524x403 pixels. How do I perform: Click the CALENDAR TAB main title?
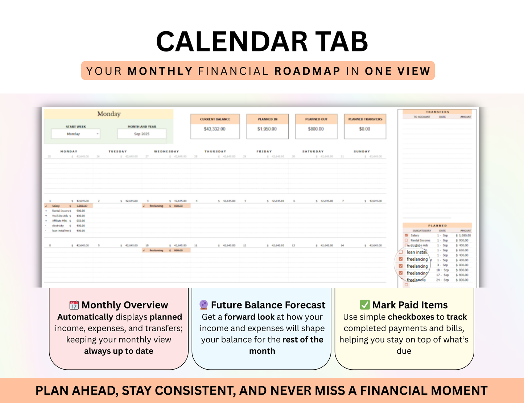click(x=262, y=41)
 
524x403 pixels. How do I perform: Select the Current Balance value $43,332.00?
click(x=214, y=129)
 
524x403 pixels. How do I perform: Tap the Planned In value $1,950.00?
click(x=267, y=129)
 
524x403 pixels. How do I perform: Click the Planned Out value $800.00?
click(x=316, y=129)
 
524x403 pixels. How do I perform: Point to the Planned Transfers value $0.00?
click(x=364, y=129)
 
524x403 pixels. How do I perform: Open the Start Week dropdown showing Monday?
click(x=75, y=134)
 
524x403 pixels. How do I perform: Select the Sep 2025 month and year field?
click(x=141, y=134)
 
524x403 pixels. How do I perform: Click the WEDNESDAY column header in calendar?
click(x=166, y=151)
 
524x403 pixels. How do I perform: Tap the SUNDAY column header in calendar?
click(x=362, y=151)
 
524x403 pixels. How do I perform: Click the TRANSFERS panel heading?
click(x=437, y=112)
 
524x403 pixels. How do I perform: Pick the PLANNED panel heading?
click(x=437, y=226)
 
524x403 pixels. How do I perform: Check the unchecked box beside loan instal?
click(x=401, y=252)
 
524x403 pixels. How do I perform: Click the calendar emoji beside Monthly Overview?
click(x=74, y=305)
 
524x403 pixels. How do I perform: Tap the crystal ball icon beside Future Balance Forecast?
click(x=204, y=305)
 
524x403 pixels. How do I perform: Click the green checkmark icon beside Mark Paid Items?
click(x=364, y=305)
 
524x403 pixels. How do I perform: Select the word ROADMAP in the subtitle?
click(x=307, y=71)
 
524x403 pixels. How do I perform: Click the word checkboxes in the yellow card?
click(x=411, y=317)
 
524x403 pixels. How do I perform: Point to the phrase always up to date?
click(x=119, y=351)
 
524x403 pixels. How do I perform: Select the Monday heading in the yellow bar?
click(x=109, y=114)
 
